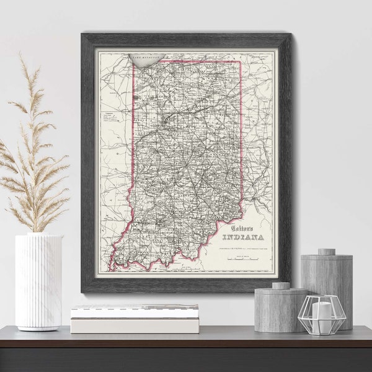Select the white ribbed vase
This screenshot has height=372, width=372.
tap(38, 282)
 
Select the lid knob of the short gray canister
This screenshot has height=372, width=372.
tap(281, 286)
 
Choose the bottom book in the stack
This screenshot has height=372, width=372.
tap(135, 325)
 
